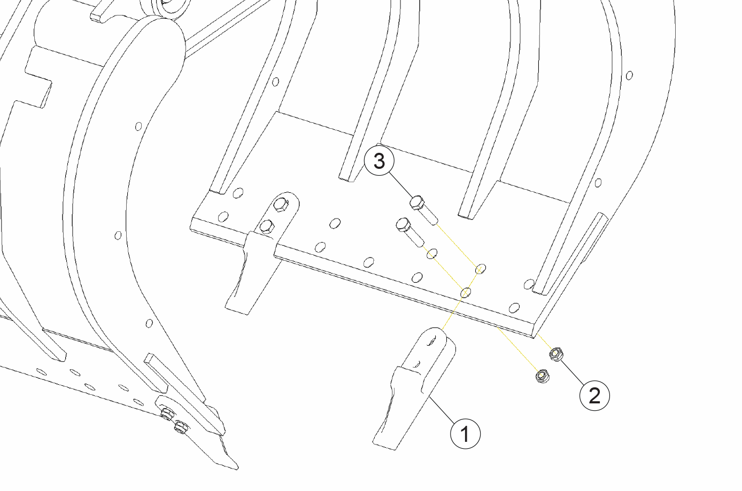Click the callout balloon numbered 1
[465, 434]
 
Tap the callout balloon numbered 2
[594, 396]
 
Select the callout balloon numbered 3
[379, 161]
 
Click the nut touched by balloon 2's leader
[556, 354]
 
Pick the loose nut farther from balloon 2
[542, 376]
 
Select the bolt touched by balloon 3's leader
[424, 211]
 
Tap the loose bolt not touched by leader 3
[410, 232]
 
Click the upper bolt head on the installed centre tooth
[281, 205]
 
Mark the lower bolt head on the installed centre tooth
[267, 227]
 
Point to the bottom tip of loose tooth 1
[384, 447]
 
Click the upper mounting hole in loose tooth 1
[431, 341]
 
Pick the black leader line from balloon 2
[573, 372]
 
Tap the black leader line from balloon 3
[401, 185]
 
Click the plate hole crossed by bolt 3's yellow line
[480, 269]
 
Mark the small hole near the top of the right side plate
[629, 75]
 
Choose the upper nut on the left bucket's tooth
[167, 414]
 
